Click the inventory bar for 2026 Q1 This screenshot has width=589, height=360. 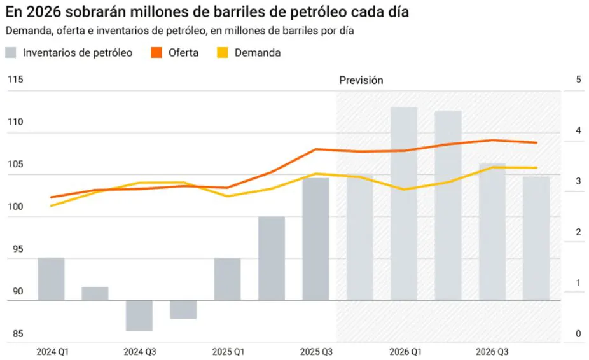[x=404, y=204]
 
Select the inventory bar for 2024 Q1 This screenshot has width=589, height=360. [x=51, y=279]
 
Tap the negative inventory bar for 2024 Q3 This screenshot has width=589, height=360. [x=139, y=315]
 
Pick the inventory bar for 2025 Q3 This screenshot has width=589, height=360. [x=315, y=239]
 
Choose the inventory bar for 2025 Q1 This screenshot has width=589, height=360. [x=227, y=279]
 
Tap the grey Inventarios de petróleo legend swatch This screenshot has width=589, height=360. [x=11, y=53]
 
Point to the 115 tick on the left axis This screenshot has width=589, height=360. [x=15, y=80]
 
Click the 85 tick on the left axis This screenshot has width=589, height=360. [x=15, y=334]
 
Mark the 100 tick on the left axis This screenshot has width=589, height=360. [x=15, y=207]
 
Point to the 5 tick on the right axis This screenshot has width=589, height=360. [x=578, y=80]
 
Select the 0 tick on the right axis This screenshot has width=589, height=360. [x=578, y=334]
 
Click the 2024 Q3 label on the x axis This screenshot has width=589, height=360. [x=139, y=352]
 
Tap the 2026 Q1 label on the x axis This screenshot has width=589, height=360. [x=404, y=352]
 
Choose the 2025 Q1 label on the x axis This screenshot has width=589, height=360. [x=227, y=352]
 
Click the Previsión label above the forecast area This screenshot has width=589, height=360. [x=361, y=80]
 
